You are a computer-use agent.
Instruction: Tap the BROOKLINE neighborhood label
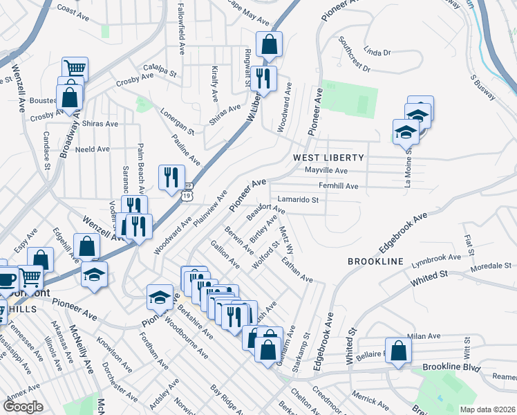coord(375,261)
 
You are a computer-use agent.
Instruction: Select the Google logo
coord(23,407)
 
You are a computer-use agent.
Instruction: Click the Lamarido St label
coord(298,200)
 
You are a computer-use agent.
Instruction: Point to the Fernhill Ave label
coord(338,186)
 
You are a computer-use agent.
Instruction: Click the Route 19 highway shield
coord(187,196)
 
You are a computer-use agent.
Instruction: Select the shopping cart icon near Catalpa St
coord(75,68)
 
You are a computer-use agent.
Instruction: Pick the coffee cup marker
coord(6,280)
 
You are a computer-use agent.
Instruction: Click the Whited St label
coord(429,276)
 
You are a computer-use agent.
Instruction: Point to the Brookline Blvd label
coord(451,367)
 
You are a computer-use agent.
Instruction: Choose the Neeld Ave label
coord(93,149)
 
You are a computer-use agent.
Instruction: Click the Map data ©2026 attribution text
coord(487,409)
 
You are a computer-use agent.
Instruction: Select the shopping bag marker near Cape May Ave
coord(268,45)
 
